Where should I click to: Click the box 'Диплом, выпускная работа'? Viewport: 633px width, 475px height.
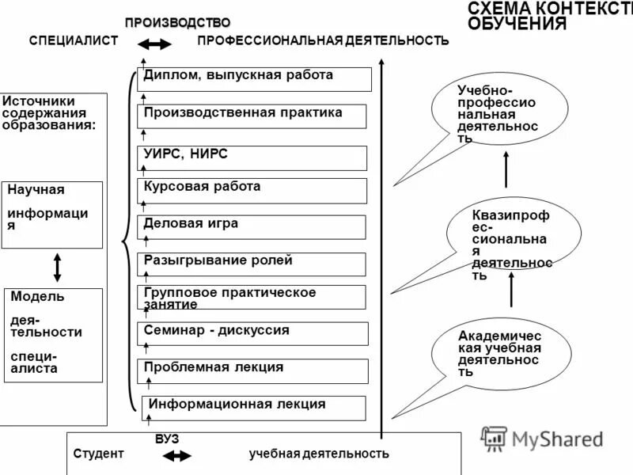[x=255, y=79]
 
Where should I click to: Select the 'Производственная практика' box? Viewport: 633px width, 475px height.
[x=253, y=116]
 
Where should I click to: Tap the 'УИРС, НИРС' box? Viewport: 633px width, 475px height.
[x=253, y=158]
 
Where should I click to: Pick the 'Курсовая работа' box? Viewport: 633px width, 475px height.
[x=253, y=191]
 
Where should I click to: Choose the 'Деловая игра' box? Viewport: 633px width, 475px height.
[x=253, y=226]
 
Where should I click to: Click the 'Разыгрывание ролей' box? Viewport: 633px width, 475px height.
[x=253, y=264]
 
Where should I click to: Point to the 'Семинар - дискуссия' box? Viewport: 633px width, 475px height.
[x=253, y=333]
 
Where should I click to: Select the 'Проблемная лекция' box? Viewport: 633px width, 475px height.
[x=253, y=370]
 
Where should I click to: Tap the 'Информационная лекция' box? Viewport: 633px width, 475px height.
[x=255, y=407]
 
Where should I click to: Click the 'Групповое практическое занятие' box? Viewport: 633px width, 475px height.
[x=253, y=298]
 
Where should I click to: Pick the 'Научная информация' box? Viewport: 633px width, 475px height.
[x=52, y=215]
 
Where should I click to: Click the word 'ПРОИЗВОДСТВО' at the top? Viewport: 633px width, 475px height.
[x=177, y=21]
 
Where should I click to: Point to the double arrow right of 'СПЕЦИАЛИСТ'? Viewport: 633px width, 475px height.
[x=159, y=44]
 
